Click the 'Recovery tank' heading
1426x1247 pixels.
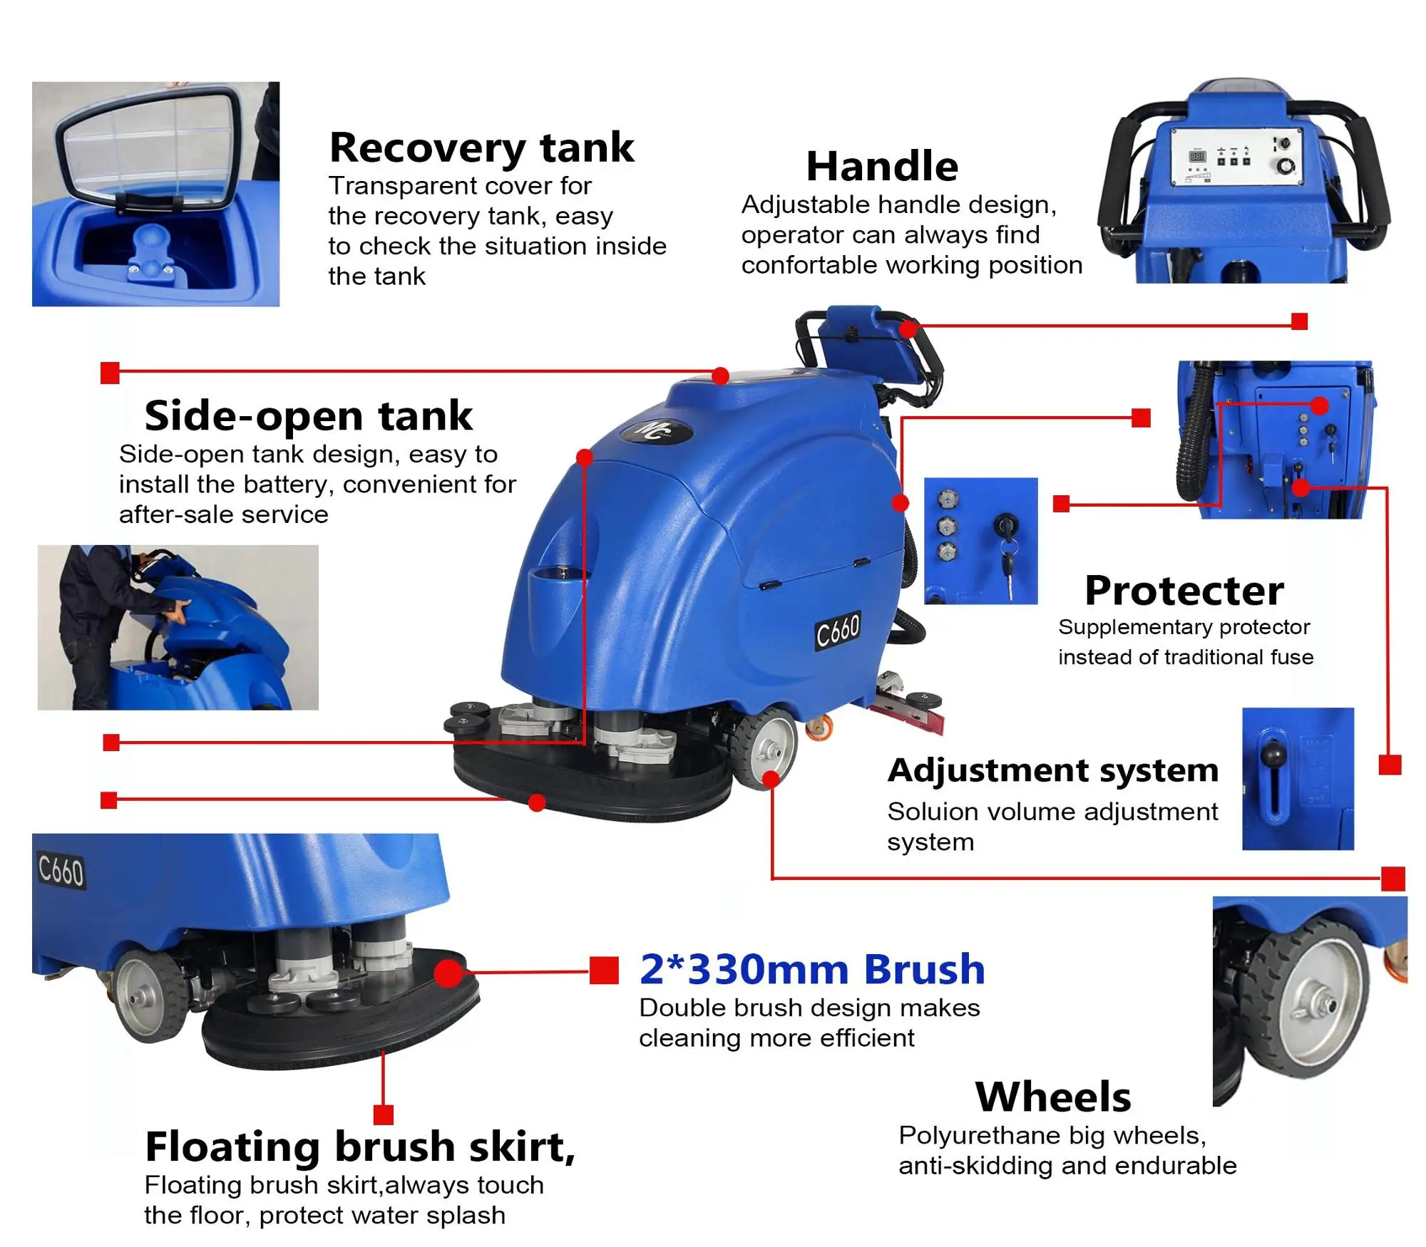tap(481, 148)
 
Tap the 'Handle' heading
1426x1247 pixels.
tap(882, 166)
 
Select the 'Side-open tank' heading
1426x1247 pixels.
tap(308, 415)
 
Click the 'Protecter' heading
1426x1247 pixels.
tap(1184, 590)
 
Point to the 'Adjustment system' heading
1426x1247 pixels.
tap(1052, 770)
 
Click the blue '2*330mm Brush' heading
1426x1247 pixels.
tap(812, 969)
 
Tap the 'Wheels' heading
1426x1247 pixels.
tap(1052, 1096)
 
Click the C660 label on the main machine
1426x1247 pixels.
tap(838, 630)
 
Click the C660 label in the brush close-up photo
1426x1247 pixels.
tap(61, 871)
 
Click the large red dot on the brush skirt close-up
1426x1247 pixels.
tap(448, 973)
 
